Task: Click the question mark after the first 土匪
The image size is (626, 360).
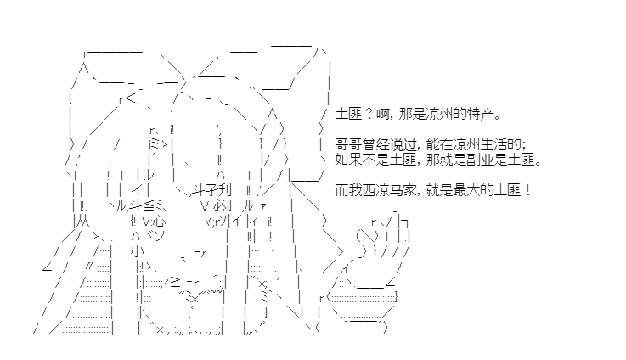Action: pos(368,114)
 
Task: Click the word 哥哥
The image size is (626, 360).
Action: pos(350,145)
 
